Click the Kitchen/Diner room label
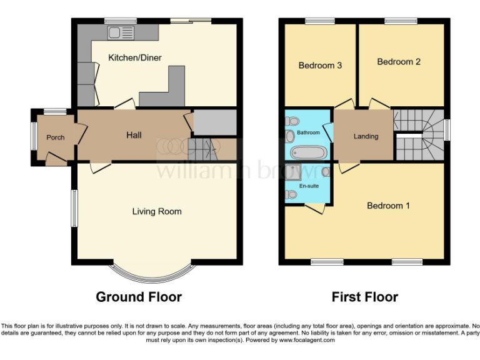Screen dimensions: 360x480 click(x=135, y=58)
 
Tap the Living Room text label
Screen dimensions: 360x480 click(x=157, y=211)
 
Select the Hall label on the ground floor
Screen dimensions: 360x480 click(x=134, y=135)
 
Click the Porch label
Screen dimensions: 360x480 click(x=56, y=137)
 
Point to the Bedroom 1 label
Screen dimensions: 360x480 click(x=388, y=206)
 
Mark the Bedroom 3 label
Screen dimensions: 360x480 click(x=320, y=65)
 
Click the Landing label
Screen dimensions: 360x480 click(x=366, y=136)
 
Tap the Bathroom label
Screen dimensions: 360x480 click(x=308, y=132)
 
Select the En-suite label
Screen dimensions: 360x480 click(x=308, y=186)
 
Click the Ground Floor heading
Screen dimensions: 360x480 click(x=139, y=297)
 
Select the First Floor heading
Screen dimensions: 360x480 click(x=365, y=297)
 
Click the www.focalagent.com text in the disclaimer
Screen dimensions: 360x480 click(x=307, y=341)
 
